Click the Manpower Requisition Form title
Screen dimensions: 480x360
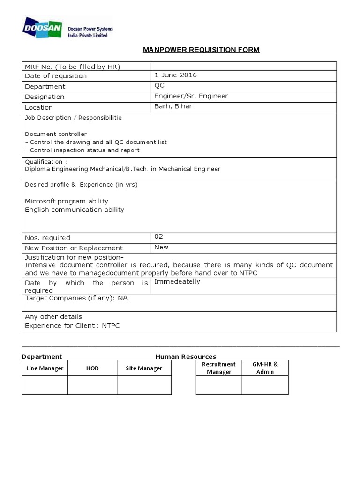click(201, 50)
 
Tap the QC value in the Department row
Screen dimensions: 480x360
click(159, 86)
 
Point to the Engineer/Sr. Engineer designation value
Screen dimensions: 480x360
click(191, 96)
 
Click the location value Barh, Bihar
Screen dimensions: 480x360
click(173, 106)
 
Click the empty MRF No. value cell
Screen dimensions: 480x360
click(243, 66)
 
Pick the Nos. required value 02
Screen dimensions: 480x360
click(159, 237)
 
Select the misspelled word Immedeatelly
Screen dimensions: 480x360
click(177, 282)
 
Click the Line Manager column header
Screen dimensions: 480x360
click(45, 368)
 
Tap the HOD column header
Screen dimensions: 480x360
click(92, 368)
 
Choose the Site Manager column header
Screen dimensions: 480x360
click(144, 368)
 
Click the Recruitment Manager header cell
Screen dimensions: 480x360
click(219, 368)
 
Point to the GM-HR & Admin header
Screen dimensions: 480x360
click(265, 368)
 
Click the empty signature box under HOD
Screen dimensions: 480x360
click(92, 385)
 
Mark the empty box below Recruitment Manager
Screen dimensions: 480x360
click(219, 385)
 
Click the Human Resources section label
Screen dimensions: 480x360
click(186, 357)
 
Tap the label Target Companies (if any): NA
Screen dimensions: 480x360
click(76, 298)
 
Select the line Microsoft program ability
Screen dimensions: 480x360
click(67, 201)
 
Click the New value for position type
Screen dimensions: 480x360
click(161, 247)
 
